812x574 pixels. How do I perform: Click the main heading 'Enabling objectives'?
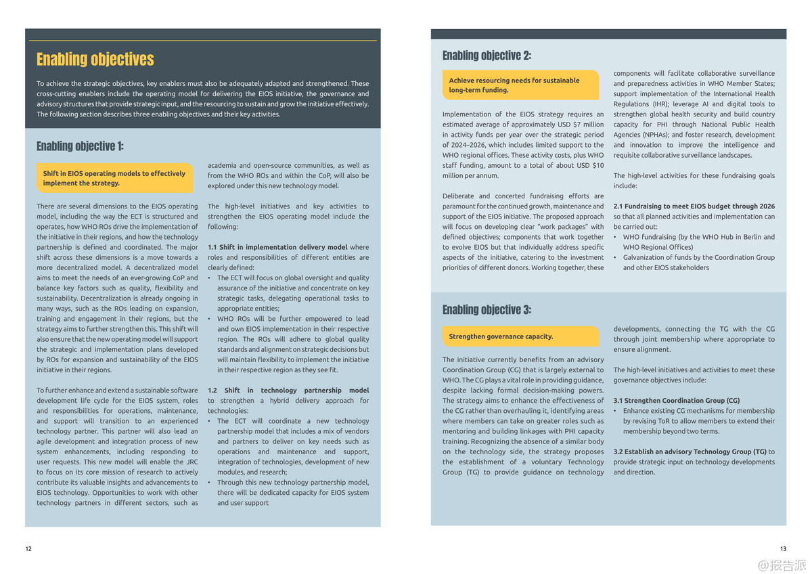(95, 60)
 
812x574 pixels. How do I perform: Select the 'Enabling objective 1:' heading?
(80, 146)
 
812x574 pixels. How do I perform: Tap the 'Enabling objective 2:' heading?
(487, 56)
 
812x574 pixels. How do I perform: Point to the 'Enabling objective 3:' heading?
(487, 310)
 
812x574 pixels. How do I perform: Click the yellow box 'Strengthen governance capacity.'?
(520, 336)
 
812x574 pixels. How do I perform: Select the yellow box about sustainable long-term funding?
(520, 85)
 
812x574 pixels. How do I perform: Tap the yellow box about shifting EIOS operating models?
(114, 178)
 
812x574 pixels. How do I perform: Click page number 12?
(28, 548)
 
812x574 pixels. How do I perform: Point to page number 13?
(783, 548)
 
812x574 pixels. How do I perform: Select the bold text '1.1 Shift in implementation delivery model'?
(277, 247)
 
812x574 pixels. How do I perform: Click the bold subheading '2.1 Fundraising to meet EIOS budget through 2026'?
(694, 206)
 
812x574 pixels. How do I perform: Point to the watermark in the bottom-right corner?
(782, 564)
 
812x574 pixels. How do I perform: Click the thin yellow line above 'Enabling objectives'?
(203, 41)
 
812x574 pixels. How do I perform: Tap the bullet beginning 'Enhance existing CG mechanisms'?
(698, 421)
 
